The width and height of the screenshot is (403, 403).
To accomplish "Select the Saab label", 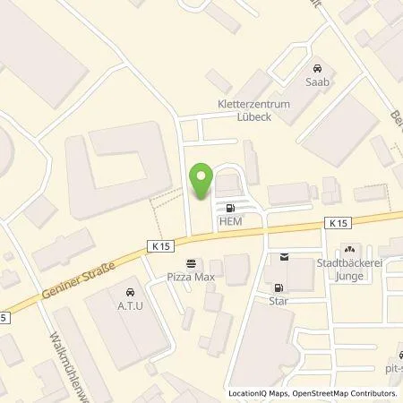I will (316, 81).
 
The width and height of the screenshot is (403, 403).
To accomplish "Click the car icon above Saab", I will (316, 67).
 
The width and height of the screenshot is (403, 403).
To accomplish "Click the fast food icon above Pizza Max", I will (189, 262).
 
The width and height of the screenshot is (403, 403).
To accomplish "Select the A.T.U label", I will (131, 304).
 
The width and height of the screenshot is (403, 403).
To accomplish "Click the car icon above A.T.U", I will (131, 292).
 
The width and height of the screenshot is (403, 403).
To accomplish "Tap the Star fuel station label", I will (280, 301).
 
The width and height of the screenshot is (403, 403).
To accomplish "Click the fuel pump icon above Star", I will (279, 288).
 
